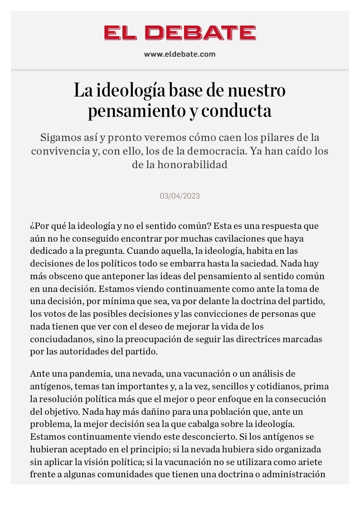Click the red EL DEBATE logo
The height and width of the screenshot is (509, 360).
point(180,33)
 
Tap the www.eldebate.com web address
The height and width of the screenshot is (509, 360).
point(180,54)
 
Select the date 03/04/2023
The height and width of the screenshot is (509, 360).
point(180,196)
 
